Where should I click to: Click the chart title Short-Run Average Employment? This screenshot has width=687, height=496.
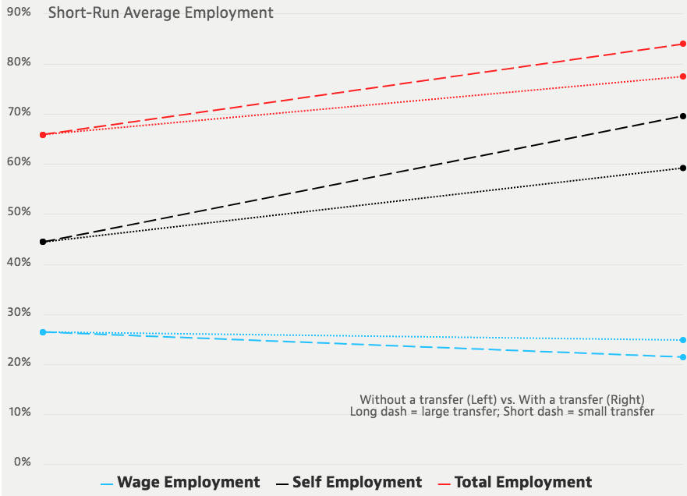coord(161,12)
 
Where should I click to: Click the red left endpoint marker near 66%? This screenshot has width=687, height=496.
coord(43,135)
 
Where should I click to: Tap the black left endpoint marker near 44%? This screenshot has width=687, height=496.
coord(43,242)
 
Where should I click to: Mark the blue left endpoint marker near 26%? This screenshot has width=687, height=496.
coord(43,332)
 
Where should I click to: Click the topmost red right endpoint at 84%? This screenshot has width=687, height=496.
coord(682,44)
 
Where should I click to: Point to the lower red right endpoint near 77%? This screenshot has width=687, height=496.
coord(682,76)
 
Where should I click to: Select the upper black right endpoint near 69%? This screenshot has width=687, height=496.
coord(682,116)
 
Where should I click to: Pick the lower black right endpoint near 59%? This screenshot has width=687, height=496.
coord(682,168)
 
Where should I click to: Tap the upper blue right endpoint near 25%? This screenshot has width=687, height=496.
coord(682,340)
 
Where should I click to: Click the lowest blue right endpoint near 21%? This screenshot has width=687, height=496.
coord(682,357)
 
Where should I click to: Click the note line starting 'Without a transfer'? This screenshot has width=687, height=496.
coord(503,399)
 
